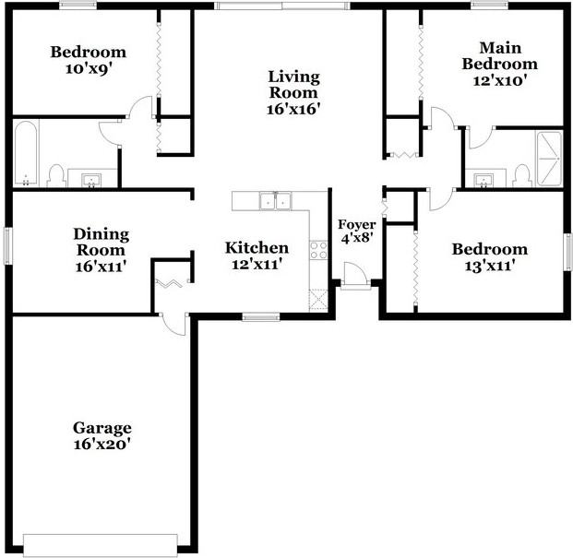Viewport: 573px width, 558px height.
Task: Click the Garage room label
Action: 101,428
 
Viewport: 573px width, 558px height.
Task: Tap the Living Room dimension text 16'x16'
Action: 293,109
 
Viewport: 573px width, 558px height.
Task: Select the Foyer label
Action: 357,225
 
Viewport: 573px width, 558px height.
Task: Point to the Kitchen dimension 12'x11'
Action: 257,264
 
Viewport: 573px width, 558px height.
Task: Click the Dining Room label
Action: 101,243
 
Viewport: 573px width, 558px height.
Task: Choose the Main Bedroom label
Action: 500,56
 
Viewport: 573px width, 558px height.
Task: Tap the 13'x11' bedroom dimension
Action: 490,266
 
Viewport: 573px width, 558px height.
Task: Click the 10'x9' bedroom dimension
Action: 88,68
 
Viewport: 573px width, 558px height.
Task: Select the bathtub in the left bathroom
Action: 26,153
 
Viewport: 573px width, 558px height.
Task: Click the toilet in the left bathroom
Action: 56,175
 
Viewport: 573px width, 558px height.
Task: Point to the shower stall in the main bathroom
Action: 549,159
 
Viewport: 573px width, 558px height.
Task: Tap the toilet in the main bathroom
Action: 521,175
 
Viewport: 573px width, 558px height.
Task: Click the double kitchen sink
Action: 276,201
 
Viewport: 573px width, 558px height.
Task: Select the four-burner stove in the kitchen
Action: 318,250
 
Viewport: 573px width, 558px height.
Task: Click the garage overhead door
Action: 101,546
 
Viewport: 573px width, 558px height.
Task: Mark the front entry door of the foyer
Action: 355,276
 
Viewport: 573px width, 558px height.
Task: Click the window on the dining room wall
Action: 7,245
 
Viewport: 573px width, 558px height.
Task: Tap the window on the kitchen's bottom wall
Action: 261,316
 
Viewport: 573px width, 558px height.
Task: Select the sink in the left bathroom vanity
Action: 91,180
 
